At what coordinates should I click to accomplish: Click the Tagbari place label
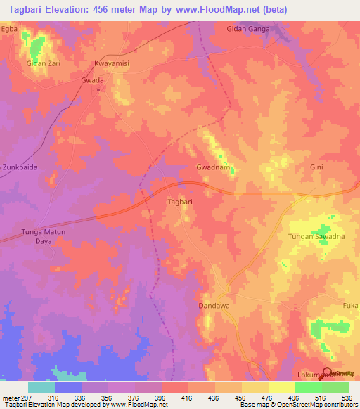(x=179, y=202)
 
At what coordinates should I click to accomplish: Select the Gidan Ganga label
(x=249, y=29)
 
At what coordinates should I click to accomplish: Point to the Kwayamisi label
(x=113, y=63)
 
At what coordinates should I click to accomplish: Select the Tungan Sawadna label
(x=315, y=236)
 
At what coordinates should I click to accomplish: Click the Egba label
(x=8, y=29)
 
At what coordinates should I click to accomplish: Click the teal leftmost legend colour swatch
(x=41, y=387)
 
